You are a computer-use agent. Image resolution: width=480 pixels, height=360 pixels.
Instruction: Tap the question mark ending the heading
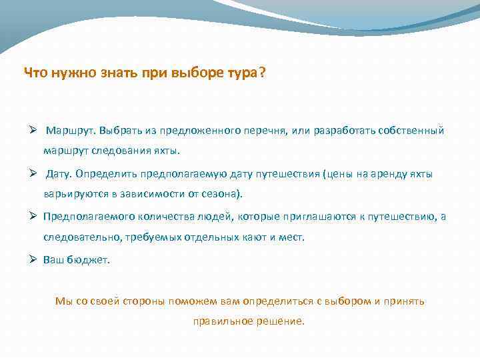coord(260,73)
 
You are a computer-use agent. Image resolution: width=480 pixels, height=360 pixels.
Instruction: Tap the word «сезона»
coord(224,194)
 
